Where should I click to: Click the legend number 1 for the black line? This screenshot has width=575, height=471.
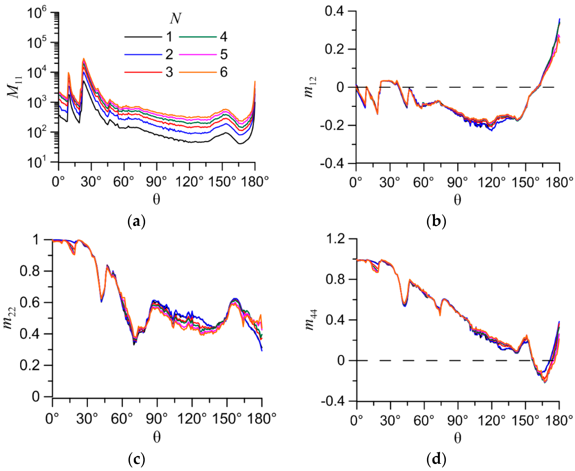tap(169, 37)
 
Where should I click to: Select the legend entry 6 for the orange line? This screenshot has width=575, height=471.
tap(223, 72)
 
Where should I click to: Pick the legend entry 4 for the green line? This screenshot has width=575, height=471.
tap(223, 37)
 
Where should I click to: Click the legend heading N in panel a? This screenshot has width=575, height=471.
tap(175, 19)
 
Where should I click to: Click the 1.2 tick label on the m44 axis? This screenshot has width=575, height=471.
tap(335, 239)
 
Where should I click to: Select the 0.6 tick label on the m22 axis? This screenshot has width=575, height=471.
tap(30, 302)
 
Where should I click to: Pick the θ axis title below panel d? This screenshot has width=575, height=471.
tap(458, 438)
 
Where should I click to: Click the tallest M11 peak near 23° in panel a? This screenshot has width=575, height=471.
tap(84, 59)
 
